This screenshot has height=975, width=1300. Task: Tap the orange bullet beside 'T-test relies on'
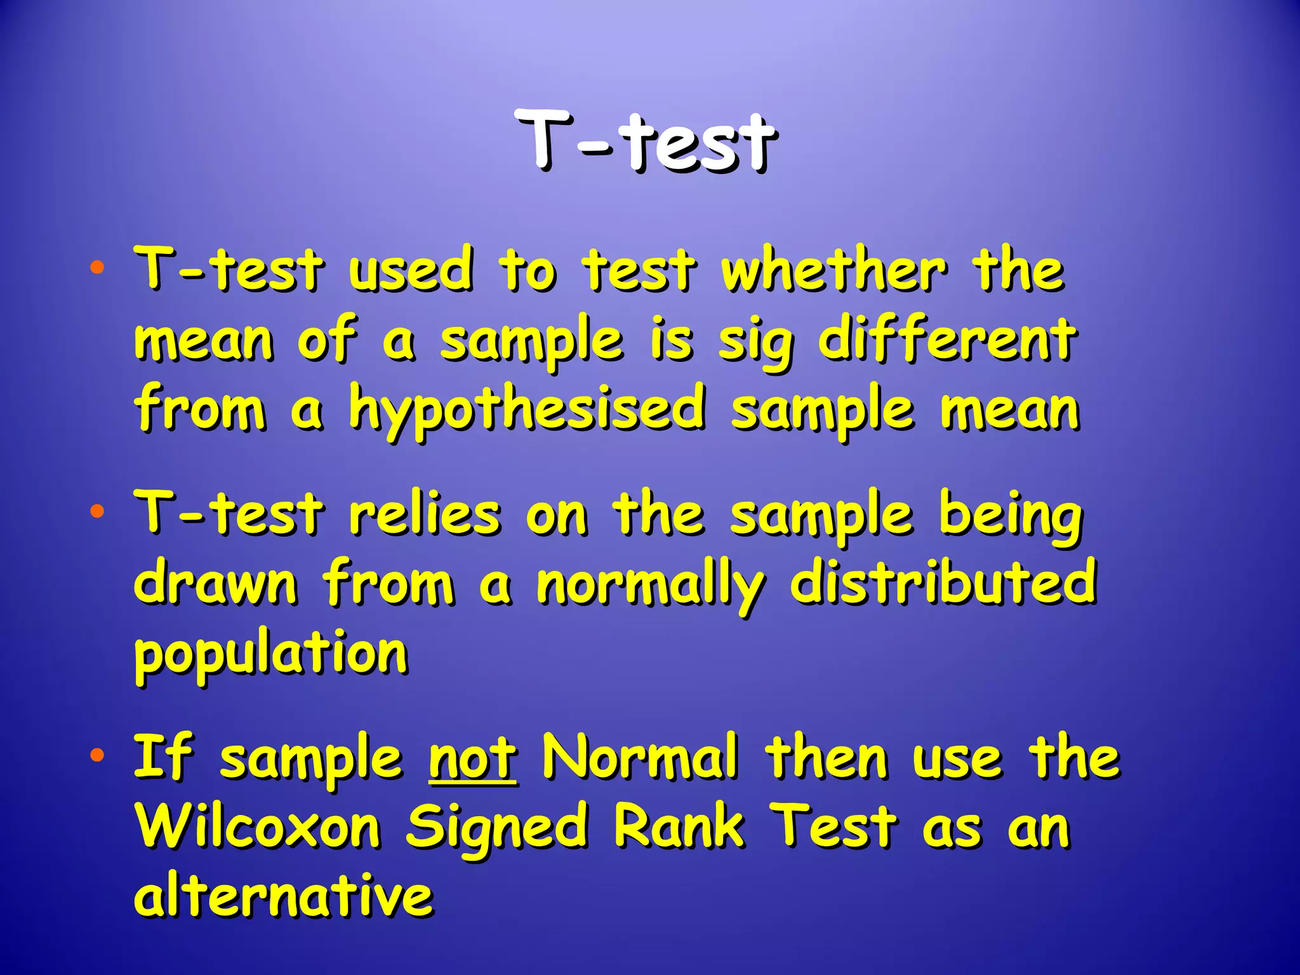96,511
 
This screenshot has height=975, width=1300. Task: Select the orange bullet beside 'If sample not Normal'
96,755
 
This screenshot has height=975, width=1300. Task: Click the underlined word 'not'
472,759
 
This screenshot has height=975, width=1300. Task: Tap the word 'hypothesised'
527,409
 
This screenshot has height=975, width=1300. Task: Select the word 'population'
271,654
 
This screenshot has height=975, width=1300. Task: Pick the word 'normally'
651,585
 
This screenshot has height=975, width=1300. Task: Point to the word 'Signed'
496,828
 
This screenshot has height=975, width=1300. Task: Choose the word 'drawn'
215,583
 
